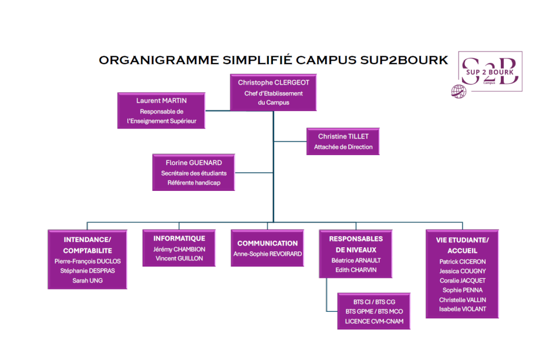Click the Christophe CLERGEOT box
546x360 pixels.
[274, 93]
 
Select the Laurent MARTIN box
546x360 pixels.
[161, 111]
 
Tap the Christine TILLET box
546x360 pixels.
[343, 142]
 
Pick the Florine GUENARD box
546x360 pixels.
[194, 172]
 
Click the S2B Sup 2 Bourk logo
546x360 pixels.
[490, 72]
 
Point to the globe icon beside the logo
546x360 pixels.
[459, 92]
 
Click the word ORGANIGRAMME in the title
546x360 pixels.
[159, 60]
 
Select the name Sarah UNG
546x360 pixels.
[87, 281]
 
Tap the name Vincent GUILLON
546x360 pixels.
[179, 258]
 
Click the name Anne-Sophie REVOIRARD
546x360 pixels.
[268, 254]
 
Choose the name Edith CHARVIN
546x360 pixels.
[356, 270]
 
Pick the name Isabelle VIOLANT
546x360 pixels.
[463, 309]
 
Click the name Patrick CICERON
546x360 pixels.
[463, 261]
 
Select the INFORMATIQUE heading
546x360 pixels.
[179, 238]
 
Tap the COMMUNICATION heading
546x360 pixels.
[268, 243]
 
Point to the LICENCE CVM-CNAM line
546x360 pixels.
[374, 321]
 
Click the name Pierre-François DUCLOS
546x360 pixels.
[87, 261]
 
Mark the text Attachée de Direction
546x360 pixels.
[343, 147]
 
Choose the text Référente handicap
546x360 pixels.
[194, 183]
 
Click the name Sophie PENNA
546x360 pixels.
[463, 290]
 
